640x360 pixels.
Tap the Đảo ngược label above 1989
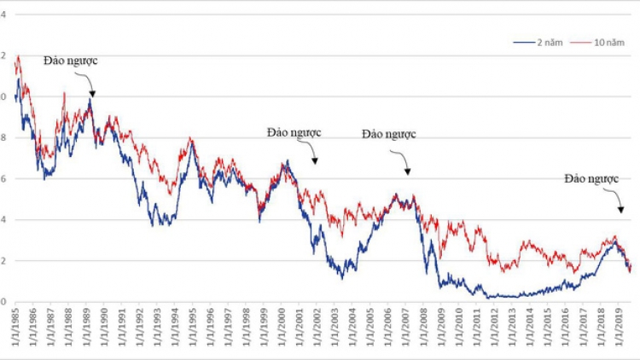pos(73,61)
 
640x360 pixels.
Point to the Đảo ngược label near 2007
pos(388,134)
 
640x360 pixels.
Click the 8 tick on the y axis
pos(3,137)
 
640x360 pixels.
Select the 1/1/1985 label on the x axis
pos(15,328)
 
